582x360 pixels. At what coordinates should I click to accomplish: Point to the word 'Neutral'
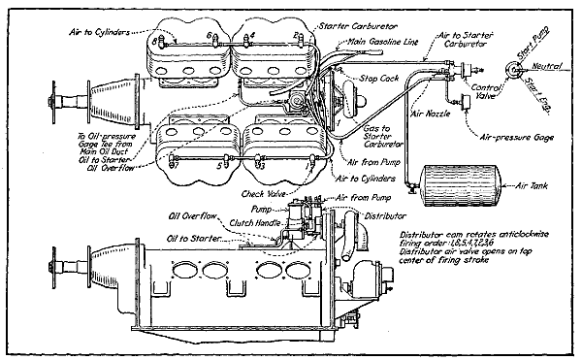click(554, 66)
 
